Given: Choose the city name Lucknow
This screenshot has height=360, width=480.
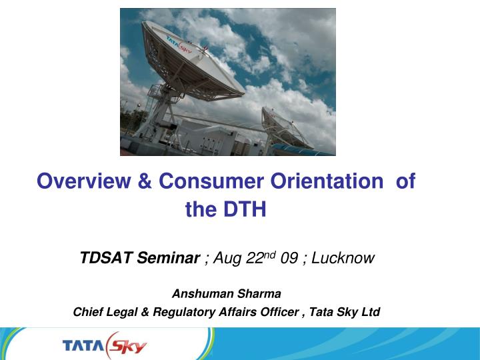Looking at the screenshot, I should [342, 257].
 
